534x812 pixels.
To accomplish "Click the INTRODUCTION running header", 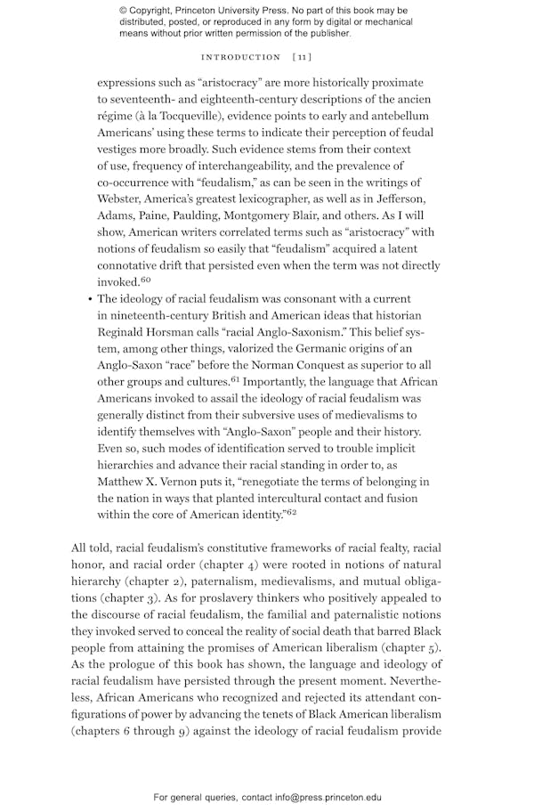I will (241, 57).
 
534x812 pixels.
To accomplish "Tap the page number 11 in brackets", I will (302, 57).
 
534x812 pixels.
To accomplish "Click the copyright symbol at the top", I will (124, 11).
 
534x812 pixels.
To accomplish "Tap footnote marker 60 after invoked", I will (145, 280).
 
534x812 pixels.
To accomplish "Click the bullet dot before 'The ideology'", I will (90, 300).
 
